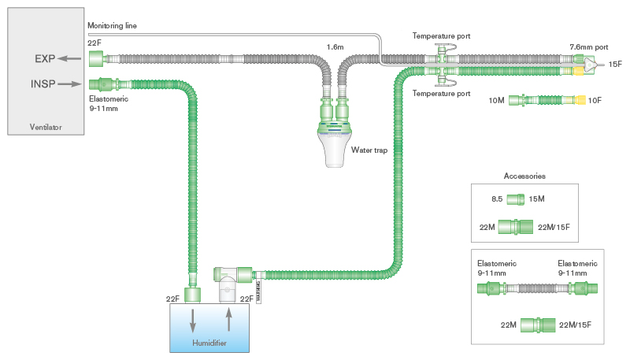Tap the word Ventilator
click(x=46, y=127)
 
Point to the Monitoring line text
click(x=113, y=26)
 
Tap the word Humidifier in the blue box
click(x=211, y=343)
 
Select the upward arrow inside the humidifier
click(x=229, y=318)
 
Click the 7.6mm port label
click(x=590, y=48)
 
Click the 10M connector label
click(x=496, y=101)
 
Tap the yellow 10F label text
click(x=596, y=101)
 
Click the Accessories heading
click(x=524, y=176)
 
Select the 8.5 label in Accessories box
click(x=497, y=199)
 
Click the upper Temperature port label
click(x=441, y=35)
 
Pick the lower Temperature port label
click(x=441, y=93)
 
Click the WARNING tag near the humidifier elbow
click(x=258, y=289)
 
